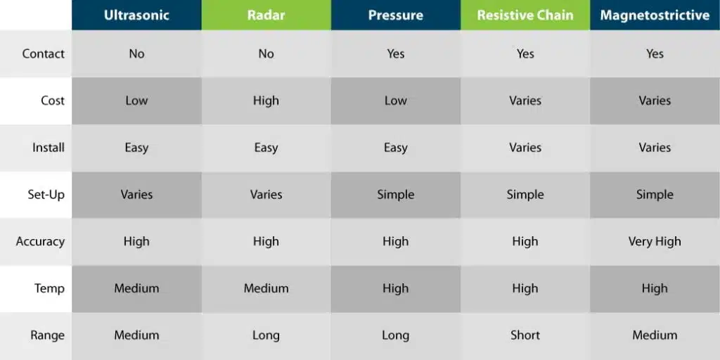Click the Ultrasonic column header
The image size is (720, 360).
(136, 15)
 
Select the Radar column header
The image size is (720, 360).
(266, 15)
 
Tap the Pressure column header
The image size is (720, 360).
(395, 15)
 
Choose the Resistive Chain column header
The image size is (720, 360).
(525, 15)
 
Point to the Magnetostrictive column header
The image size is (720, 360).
(655, 15)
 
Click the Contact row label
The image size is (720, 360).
(43, 53)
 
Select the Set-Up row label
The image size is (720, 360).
(46, 194)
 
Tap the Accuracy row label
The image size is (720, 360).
(40, 242)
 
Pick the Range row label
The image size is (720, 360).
(47, 335)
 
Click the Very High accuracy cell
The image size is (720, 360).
(655, 242)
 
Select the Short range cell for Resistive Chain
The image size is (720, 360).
(525, 335)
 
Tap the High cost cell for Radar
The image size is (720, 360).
(266, 101)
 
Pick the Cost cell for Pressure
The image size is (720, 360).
(395, 101)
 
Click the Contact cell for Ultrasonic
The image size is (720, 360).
(136, 53)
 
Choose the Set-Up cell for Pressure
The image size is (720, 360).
(395, 195)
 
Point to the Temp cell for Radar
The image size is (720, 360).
(266, 288)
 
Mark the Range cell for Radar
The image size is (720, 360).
(266, 335)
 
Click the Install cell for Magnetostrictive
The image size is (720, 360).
(655, 148)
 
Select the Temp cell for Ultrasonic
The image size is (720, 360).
(136, 288)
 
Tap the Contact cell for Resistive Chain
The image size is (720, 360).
(525, 53)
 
